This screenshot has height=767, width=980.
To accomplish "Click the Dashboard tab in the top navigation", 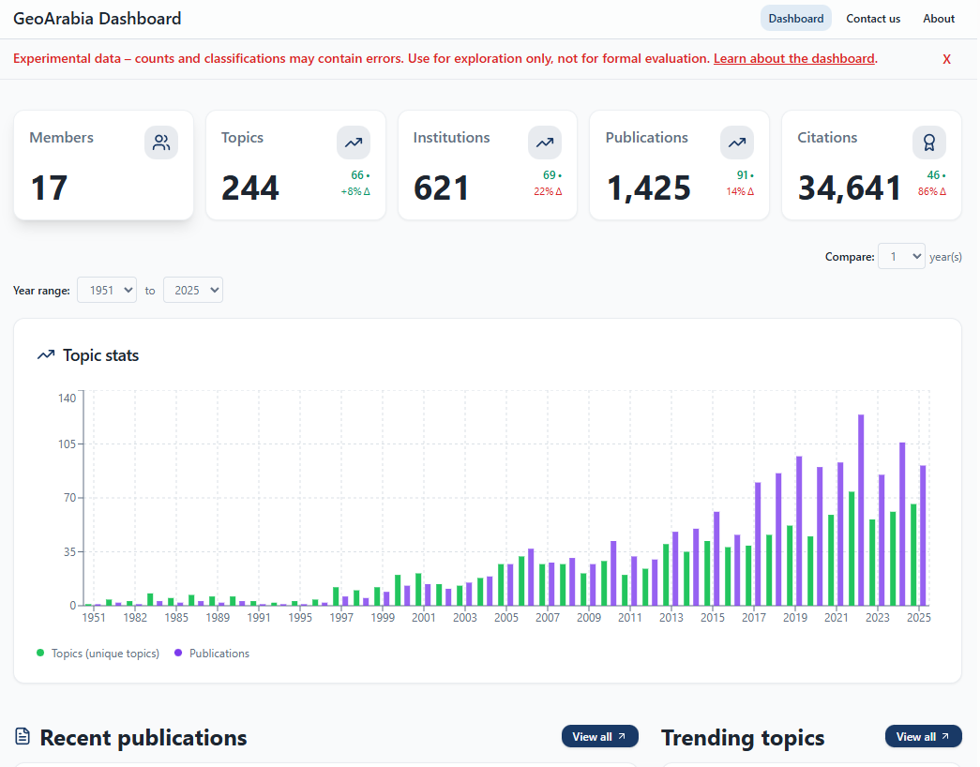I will tap(795, 19).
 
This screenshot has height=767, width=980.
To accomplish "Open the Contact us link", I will tap(872, 19).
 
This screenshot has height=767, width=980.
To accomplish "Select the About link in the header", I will tap(938, 19).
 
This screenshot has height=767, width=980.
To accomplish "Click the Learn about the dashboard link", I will tap(793, 58).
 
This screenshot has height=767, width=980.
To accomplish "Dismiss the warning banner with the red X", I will tap(946, 59).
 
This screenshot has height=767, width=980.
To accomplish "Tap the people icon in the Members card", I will tap(161, 143).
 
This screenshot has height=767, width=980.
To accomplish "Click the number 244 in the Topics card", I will tap(250, 188).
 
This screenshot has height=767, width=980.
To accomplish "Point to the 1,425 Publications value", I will tap(649, 188).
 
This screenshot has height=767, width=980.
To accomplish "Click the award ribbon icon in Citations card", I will tap(928, 143).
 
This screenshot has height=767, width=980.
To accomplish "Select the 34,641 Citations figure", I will tap(850, 188).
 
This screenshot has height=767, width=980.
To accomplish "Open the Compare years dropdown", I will tap(900, 257).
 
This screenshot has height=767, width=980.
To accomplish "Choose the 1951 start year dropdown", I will tap(107, 291).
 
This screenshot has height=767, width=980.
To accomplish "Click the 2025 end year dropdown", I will tap(192, 291).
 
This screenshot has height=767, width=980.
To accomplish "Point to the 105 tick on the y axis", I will tap(67, 444).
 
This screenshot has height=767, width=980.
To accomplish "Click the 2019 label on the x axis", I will tap(795, 618).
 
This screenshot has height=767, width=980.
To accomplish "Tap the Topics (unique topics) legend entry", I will tap(98, 654).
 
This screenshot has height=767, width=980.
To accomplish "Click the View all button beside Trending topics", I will tap(923, 737).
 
